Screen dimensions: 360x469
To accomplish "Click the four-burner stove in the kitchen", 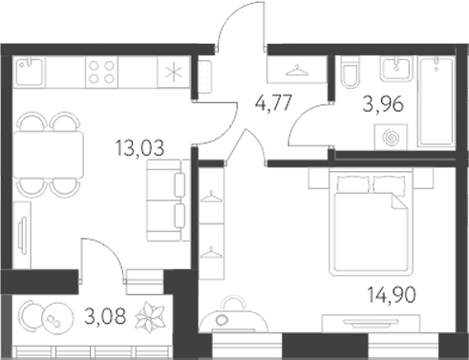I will coord(102,73).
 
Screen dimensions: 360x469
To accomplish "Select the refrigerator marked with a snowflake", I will coord(173,74).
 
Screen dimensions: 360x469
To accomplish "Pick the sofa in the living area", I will coord(164,202).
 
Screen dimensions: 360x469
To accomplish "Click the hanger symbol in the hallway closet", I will coord(299,69).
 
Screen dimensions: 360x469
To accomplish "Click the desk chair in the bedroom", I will coord(231,309).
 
